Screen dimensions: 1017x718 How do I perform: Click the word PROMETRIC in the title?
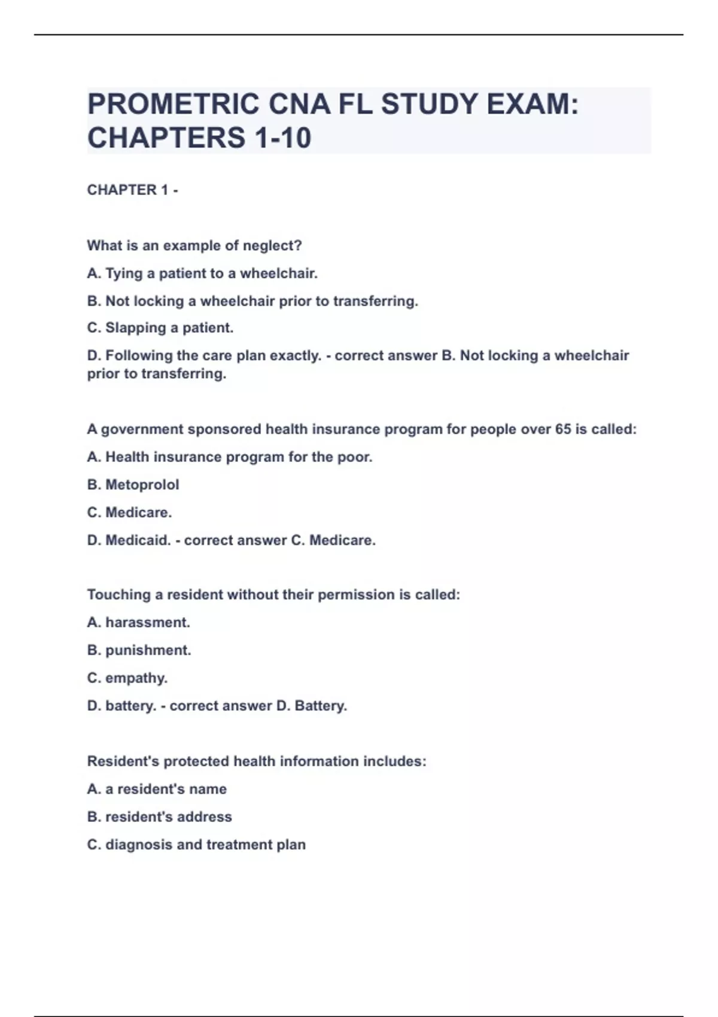pos(173,104)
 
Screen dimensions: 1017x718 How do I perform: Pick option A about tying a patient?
pos(202,273)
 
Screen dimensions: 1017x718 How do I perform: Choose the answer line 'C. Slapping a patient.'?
pos(160,328)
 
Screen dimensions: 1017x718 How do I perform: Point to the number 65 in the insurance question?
pos(562,430)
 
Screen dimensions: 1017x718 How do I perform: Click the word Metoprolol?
pos(142,485)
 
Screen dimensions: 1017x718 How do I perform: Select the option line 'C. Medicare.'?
pos(129,513)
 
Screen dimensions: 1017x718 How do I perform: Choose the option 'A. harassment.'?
pos(139,623)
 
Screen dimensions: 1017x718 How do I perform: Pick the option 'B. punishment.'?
pos(139,650)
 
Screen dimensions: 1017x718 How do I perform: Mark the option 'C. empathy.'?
pos(127,678)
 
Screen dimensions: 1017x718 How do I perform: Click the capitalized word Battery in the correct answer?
pos(321,706)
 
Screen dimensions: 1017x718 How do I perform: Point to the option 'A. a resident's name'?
pos(157,789)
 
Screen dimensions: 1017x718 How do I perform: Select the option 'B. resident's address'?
pos(160,817)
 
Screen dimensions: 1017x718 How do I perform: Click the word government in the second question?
pos(142,430)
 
